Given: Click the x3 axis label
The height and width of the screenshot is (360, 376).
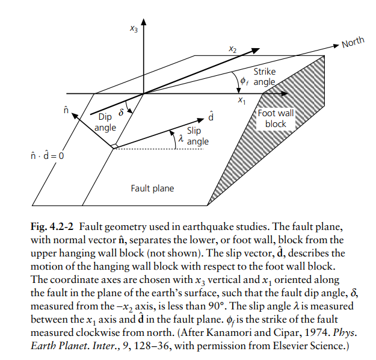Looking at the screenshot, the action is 134,29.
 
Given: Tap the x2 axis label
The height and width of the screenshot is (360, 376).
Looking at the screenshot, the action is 232,49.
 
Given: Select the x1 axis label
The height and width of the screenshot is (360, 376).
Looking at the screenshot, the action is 242,101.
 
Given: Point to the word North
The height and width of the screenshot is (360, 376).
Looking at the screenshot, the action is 353,43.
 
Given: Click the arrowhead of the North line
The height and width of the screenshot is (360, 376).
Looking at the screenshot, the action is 336,46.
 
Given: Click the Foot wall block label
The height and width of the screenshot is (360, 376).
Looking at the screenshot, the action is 276,119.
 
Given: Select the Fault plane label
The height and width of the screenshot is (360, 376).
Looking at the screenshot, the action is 152,188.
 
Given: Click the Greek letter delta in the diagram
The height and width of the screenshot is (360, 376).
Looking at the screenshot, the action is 122,112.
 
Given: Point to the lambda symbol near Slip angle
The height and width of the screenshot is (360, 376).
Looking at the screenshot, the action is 181,138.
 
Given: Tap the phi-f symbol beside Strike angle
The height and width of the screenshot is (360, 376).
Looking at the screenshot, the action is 244,82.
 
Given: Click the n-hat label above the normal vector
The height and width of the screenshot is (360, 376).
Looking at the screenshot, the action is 66,110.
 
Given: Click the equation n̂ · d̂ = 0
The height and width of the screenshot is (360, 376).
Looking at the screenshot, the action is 48,156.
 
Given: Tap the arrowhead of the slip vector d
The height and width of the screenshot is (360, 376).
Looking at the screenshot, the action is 200,120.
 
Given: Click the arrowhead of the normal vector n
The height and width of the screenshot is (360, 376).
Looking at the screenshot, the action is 75,116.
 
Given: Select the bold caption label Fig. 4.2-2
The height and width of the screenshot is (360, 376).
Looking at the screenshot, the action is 52,226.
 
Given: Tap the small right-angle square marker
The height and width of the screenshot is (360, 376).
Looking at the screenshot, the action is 115,146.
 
